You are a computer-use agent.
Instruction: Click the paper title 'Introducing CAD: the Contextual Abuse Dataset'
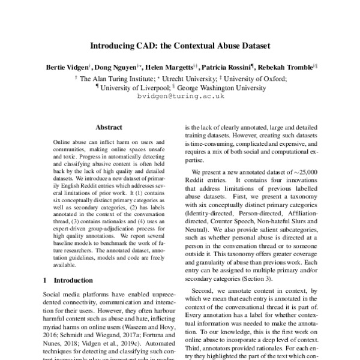tap(180, 46)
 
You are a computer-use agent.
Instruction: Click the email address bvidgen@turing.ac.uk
tap(180, 95)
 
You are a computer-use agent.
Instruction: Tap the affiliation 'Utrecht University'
tap(194, 77)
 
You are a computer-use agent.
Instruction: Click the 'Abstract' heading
tap(109, 127)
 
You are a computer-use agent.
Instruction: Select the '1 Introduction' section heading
tap(67, 280)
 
